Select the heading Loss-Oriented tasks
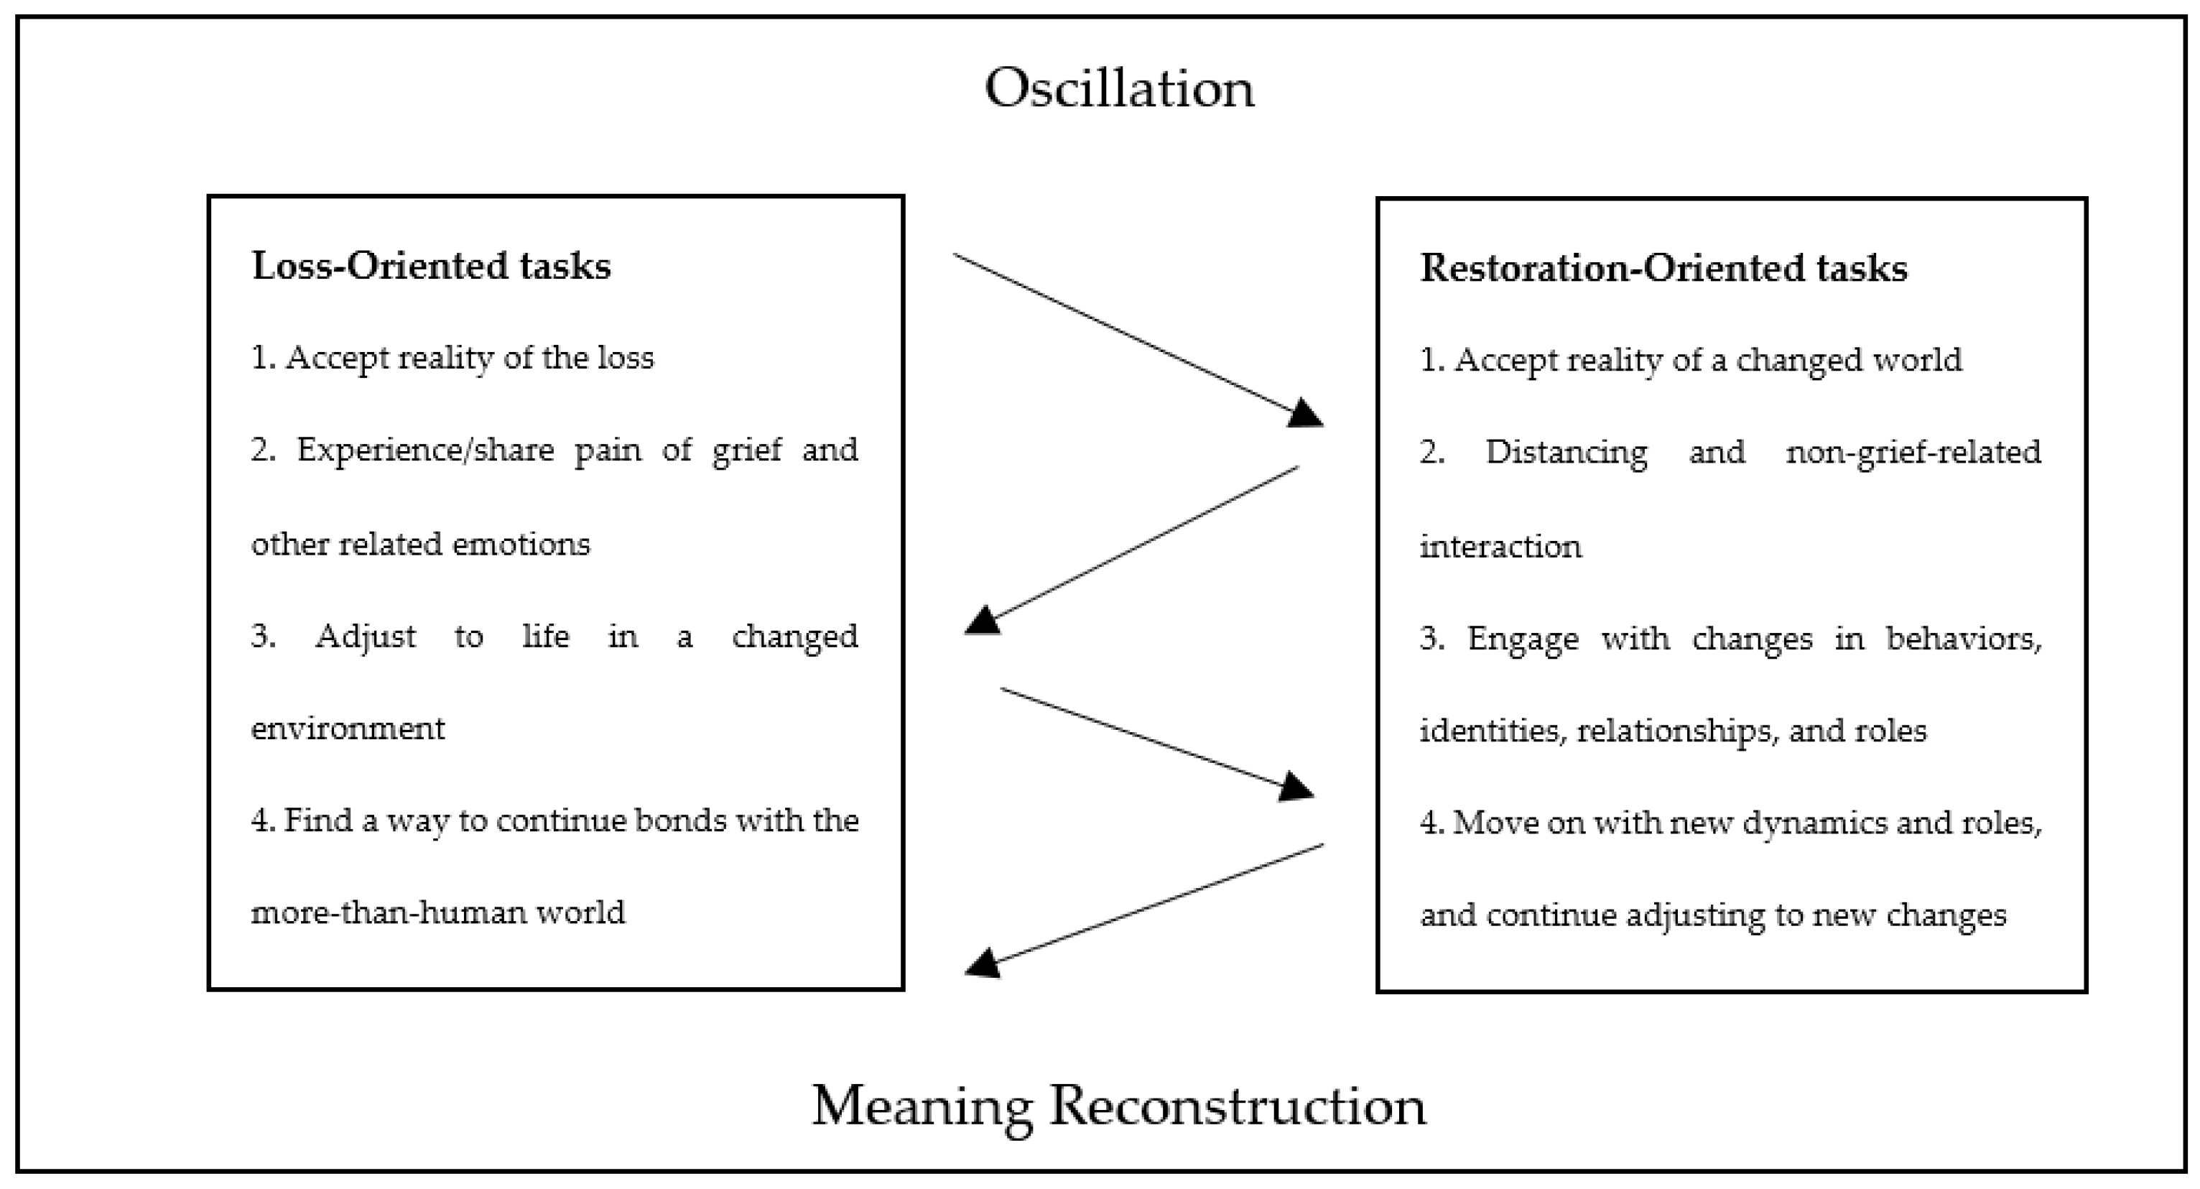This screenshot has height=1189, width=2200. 431,266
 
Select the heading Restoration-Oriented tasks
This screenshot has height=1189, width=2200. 1663,268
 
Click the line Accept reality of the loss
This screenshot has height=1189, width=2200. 452,358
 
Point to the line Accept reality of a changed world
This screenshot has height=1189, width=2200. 1691,361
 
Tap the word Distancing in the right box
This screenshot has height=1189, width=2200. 1567,453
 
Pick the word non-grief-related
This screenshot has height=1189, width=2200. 1913,453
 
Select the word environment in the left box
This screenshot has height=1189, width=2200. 348,728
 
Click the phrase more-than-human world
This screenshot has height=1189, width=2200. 438,913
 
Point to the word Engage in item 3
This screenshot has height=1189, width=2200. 1523,639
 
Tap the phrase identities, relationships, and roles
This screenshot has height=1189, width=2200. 1673,731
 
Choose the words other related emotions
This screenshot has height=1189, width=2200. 420,544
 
